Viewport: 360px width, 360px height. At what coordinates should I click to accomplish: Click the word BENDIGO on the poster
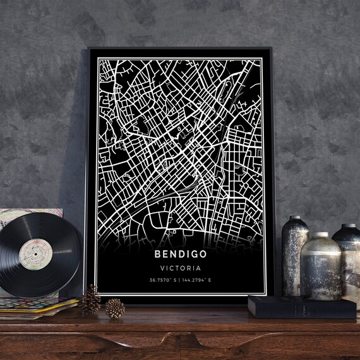[x=180, y=255]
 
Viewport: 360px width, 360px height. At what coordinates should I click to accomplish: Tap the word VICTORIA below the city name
[x=180, y=268]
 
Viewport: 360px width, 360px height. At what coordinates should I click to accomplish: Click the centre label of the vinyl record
[x=35, y=254]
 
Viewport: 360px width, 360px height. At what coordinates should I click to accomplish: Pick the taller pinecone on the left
[x=90, y=301]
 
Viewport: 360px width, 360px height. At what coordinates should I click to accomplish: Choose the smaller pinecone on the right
[x=115, y=308]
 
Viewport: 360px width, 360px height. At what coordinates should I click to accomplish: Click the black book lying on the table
[x=301, y=307]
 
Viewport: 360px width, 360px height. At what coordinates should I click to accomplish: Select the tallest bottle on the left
[x=295, y=259]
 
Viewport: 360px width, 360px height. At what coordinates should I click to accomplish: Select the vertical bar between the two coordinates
[x=181, y=280]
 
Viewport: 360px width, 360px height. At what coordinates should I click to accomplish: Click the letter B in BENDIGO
[x=157, y=255]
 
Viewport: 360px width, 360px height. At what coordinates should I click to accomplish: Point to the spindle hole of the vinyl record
[x=35, y=254]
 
